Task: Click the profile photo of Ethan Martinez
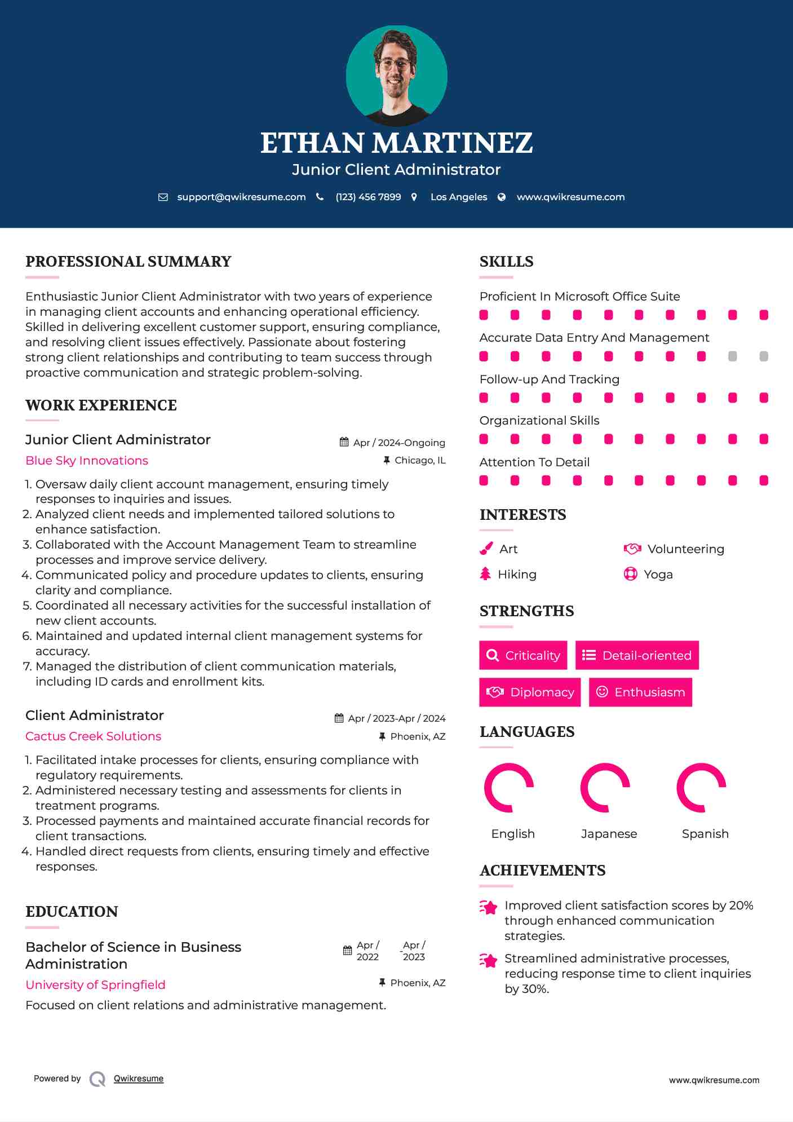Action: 396,76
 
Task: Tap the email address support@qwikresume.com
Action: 241,197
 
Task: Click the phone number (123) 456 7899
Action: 368,197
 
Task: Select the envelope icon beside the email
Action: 163,197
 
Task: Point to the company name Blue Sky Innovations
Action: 87,461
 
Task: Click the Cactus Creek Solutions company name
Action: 93,736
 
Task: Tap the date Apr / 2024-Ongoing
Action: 399,443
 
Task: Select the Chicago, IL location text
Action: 420,461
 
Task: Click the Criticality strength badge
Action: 523,655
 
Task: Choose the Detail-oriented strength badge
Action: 637,655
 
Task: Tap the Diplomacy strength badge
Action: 530,692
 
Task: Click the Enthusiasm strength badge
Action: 640,692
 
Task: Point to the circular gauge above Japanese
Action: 605,788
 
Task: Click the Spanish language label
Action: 705,834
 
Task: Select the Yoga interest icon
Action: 630,574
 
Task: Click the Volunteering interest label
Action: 685,549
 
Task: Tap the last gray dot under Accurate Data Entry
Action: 764,356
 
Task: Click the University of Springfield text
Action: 95,985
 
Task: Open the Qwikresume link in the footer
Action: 139,1079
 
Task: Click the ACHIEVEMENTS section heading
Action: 542,871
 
